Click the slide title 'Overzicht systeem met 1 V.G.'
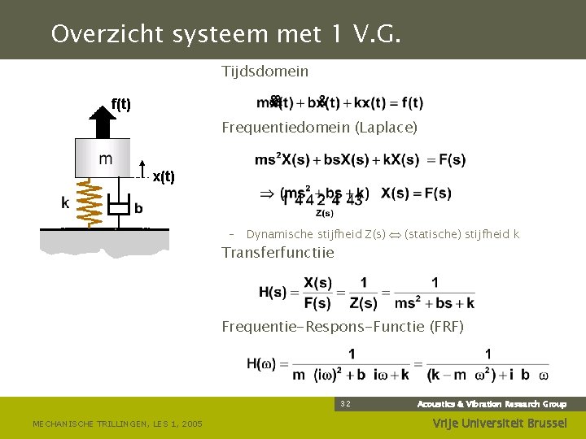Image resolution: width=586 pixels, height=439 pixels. click(226, 34)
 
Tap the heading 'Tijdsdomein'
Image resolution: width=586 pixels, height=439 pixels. click(265, 72)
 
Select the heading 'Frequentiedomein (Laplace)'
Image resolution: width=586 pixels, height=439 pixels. click(320, 128)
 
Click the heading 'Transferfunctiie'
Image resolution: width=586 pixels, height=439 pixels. click(278, 253)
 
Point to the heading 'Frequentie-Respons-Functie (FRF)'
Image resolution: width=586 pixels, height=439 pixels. click(343, 328)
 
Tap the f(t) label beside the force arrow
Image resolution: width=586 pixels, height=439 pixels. click(121, 104)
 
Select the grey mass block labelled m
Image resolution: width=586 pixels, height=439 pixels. click(103, 159)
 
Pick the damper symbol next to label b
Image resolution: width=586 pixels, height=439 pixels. click(120, 206)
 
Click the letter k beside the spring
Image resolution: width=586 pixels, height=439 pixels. click(65, 203)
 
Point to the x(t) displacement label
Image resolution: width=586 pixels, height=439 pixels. click(164, 176)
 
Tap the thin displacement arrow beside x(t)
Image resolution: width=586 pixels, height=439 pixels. click(142, 168)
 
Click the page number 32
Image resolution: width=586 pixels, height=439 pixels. click(345, 404)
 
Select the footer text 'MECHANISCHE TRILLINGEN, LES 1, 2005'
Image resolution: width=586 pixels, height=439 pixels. click(117, 423)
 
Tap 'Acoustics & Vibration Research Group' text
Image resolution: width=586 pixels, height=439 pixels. click(492, 404)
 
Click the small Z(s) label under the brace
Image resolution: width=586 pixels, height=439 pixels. click(324, 214)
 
